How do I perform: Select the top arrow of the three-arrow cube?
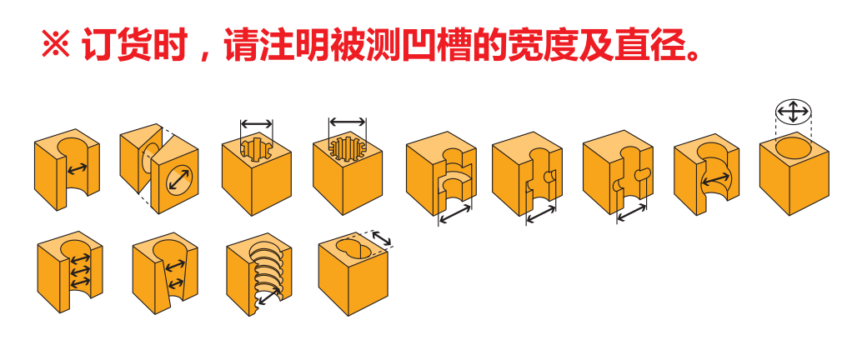tap(78, 259)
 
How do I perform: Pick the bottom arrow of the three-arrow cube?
tap(78, 284)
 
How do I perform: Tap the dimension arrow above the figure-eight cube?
tap(382, 239)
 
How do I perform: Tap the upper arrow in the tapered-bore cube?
tap(175, 267)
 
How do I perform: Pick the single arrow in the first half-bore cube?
tap(78, 169)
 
